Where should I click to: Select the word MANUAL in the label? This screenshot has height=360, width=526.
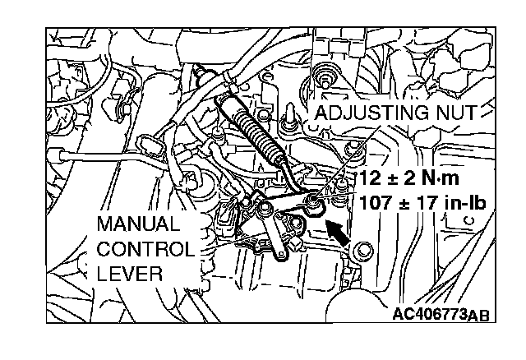coord(136,224)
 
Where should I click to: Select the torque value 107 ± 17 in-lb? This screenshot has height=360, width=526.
coord(418,200)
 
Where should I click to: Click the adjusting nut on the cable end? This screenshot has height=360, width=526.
coord(313,199)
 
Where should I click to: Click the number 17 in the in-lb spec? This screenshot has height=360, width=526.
coord(418,200)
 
